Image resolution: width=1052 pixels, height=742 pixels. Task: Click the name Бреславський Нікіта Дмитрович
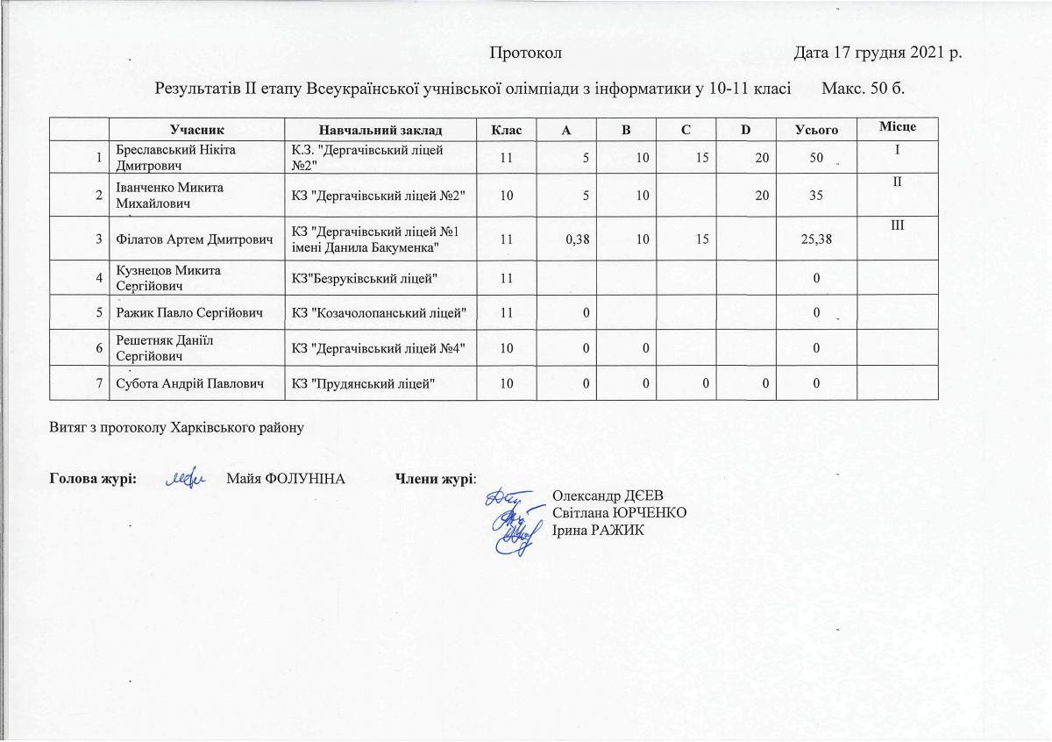[x=167, y=157]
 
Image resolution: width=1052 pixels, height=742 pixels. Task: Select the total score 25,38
[x=815, y=239]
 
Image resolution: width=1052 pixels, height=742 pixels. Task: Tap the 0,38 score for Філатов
[x=572, y=239]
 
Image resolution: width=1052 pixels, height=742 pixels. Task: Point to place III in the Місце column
[x=897, y=226]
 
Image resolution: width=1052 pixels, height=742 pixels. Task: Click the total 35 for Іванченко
[x=815, y=195]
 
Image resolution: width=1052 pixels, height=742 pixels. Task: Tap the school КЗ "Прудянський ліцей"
[x=362, y=382]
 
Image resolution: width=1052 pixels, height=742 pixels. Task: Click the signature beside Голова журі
[x=186, y=478]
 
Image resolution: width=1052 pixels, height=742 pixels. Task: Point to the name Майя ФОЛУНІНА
[x=285, y=479]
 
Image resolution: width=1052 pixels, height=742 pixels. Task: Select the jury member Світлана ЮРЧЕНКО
[x=619, y=512]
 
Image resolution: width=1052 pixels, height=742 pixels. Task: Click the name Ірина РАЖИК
[x=598, y=530]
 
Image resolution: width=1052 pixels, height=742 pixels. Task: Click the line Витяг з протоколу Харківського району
[x=177, y=428]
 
